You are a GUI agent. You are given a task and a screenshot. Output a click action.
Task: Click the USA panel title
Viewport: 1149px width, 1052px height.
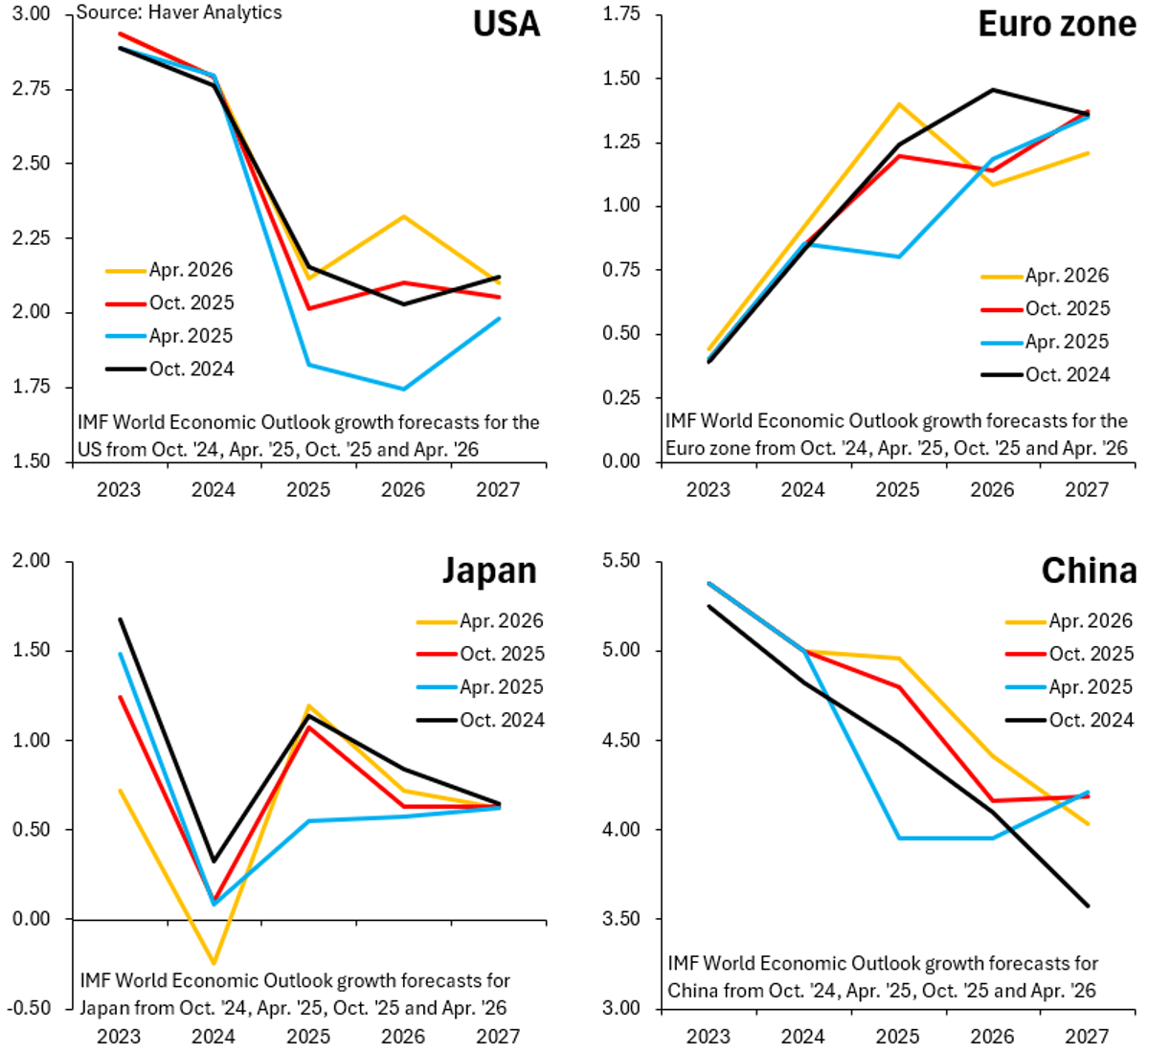pyautogui.click(x=506, y=24)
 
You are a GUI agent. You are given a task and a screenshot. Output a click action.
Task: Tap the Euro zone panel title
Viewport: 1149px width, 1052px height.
pyautogui.click(x=1056, y=24)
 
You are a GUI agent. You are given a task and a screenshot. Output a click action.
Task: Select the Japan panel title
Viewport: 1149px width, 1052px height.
pyautogui.click(x=488, y=571)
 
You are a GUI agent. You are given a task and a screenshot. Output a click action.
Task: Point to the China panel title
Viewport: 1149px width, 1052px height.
pyautogui.click(x=1089, y=571)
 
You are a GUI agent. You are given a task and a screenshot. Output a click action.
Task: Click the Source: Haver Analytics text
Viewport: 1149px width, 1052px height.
pyautogui.click(x=179, y=12)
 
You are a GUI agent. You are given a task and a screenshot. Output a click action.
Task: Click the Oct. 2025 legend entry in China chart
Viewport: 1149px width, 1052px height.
pyautogui.click(x=1091, y=654)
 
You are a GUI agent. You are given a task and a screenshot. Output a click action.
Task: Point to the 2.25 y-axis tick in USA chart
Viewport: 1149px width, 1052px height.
pyautogui.click(x=32, y=238)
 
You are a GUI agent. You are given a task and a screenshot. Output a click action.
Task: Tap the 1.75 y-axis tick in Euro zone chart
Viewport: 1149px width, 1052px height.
pyautogui.click(x=620, y=13)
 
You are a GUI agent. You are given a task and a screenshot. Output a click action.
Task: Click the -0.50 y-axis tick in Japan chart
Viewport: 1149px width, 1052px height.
pyautogui.click(x=29, y=1008)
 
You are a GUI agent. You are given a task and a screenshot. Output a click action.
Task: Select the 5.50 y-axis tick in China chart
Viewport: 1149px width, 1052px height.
pyautogui.click(x=620, y=561)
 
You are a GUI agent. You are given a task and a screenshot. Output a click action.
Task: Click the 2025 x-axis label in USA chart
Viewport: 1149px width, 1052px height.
pyautogui.click(x=308, y=490)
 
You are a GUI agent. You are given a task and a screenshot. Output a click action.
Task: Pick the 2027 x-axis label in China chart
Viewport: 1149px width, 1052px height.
pyautogui.click(x=1087, y=1037)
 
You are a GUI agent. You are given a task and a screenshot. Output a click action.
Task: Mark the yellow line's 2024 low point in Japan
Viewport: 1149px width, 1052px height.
pyautogui.click(x=214, y=964)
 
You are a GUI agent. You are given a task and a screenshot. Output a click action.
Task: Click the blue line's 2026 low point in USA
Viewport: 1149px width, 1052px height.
pyautogui.click(x=403, y=389)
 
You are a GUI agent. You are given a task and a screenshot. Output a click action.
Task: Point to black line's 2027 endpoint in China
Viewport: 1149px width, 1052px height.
pyautogui.click(x=1088, y=906)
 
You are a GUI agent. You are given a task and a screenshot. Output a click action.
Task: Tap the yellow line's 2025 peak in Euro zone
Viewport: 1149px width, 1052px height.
pyautogui.click(x=898, y=103)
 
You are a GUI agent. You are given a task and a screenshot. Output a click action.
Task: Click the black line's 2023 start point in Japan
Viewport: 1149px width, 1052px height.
pyautogui.click(x=120, y=618)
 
